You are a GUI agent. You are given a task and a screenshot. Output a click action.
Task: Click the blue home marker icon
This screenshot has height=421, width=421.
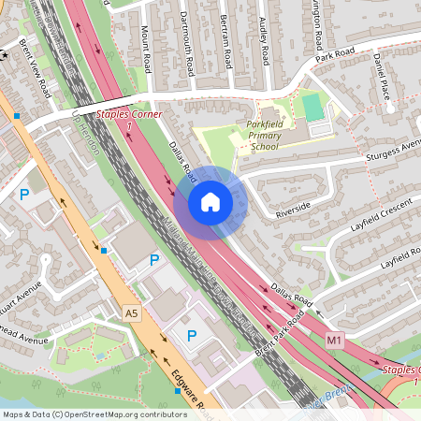(210, 201)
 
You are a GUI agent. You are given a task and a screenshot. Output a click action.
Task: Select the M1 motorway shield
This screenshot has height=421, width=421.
(335, 341)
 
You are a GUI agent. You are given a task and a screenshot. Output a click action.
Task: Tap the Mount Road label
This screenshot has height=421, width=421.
(146, 51)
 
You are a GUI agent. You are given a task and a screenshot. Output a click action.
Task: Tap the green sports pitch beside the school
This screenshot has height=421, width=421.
(313, 107)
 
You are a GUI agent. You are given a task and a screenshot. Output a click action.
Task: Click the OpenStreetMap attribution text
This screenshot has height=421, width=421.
(94, 414)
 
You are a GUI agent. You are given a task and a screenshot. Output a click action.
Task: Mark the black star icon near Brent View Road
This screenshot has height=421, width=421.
(4, 57)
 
